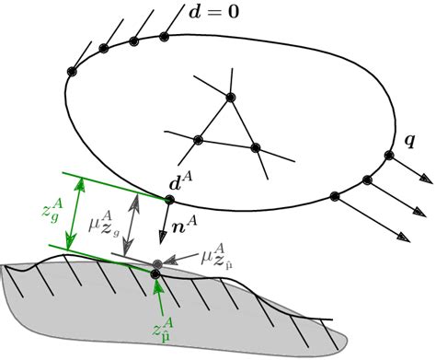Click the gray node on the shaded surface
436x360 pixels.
157,265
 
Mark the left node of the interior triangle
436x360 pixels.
197,140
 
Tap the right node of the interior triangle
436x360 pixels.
257,147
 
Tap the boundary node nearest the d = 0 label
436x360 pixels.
166,37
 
